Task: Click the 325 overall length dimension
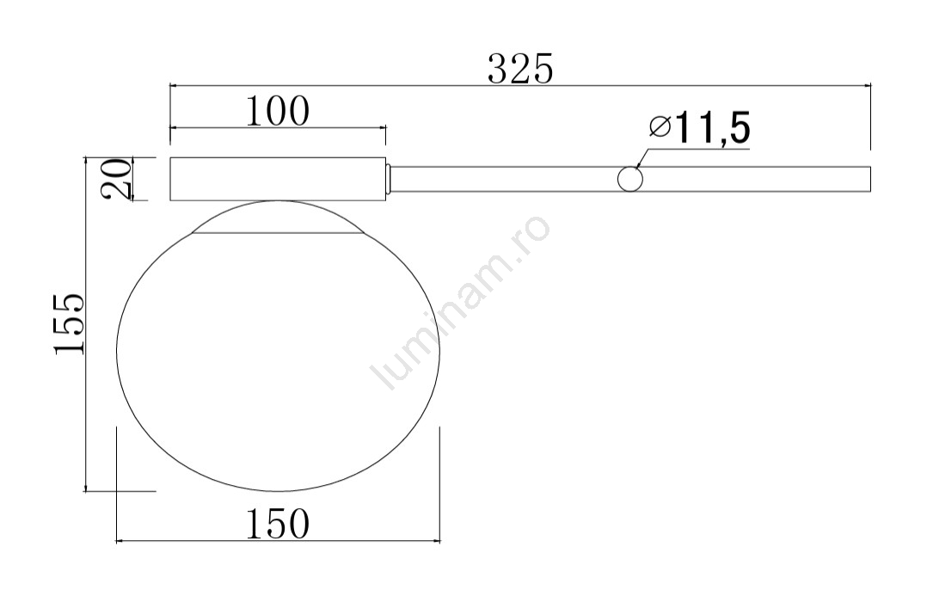click(520, 69)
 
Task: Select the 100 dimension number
click(277, 111)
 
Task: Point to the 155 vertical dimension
click(69, 323)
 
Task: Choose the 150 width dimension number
click(277, 524)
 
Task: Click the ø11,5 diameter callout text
click(699, 128)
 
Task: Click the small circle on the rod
click(630, 179)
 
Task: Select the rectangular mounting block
click(278, 179)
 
